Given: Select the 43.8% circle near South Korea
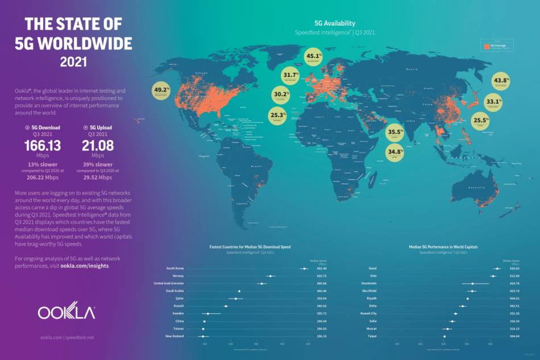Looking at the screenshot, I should [501, 81].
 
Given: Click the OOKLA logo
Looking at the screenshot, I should [67, 312].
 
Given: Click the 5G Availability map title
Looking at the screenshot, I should [335, 23].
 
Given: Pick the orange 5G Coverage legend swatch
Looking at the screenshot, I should [487, 46].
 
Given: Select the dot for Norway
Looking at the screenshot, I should [271, 276].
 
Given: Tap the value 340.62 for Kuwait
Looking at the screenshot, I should [322, 306].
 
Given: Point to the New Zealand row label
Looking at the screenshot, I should [175, 336].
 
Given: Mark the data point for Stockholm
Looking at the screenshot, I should [472, 283].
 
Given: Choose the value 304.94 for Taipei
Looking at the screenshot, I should [515, 336].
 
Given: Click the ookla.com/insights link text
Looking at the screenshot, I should [84, 266].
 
